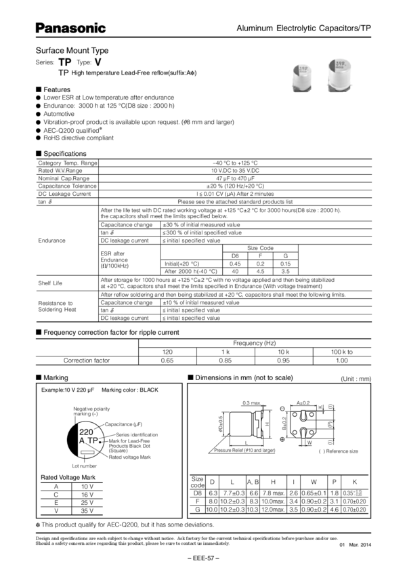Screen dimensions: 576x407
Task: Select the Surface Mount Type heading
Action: tap(72, 51)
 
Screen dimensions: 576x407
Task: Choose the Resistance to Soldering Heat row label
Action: tap(54, 306)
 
